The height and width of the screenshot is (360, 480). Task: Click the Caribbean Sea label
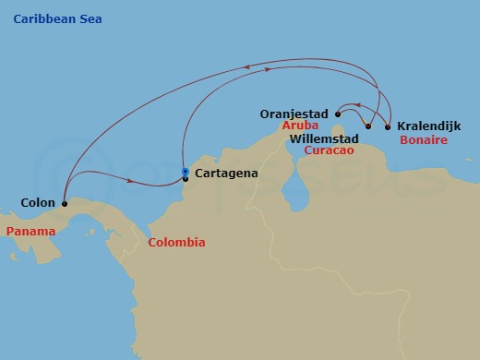click(58, 19)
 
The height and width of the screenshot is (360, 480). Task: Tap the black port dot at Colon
click(64, 203)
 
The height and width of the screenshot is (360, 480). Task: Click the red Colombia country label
click(176, 243)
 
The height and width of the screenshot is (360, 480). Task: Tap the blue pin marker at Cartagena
click(186, 172)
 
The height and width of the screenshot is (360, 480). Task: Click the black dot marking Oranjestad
click(338, 114)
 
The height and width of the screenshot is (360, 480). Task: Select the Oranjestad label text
click(295, 114)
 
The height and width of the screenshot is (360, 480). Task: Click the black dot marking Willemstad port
click(368, 126)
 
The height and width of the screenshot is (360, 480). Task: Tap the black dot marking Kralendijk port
click(388, 126)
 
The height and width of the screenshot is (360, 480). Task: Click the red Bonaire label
click(424, 140)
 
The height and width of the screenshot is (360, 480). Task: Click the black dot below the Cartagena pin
click(186, 179)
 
